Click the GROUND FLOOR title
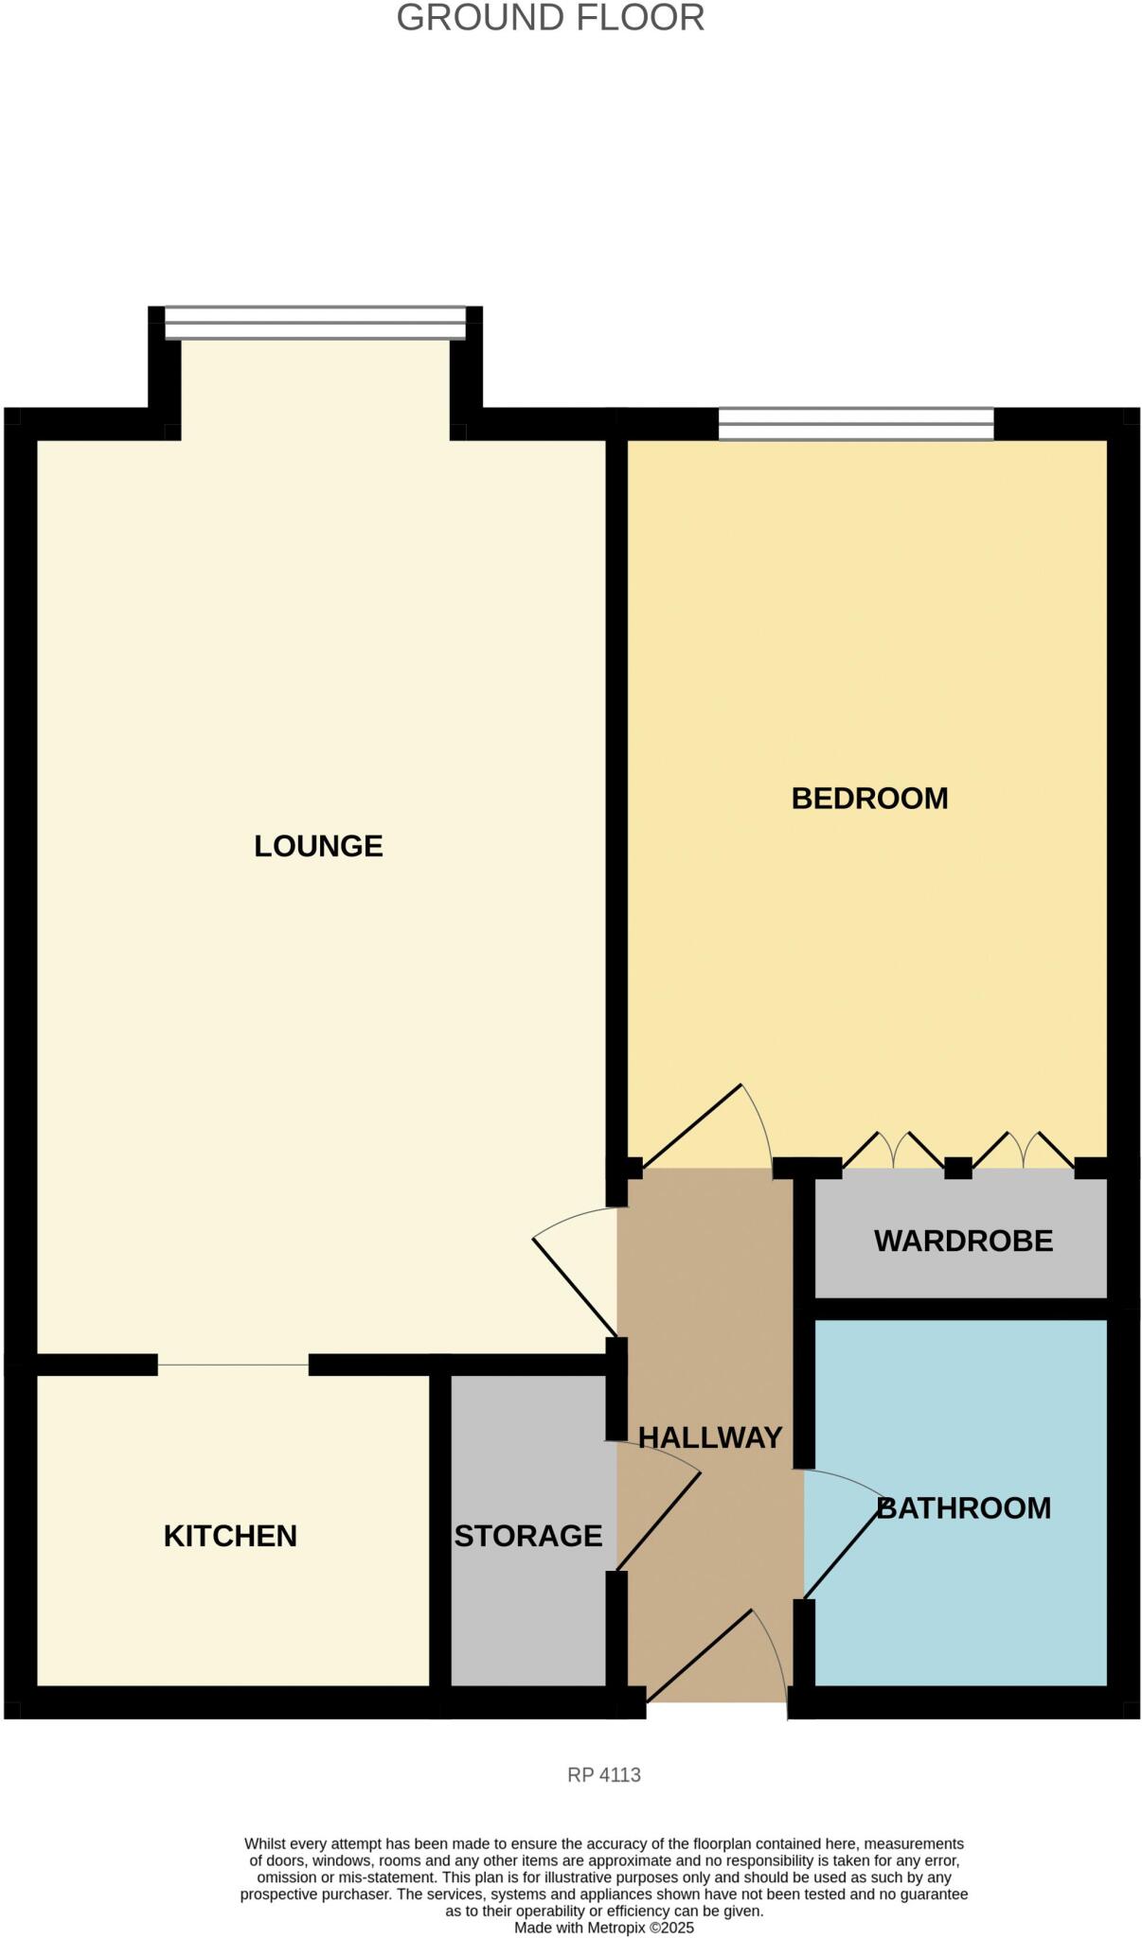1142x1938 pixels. [550, 18]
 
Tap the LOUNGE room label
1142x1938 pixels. [318, 845]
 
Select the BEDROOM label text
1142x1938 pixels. [869, 798]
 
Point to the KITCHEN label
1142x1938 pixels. [230, 1535]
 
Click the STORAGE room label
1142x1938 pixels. [527, 1535]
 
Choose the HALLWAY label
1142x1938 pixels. [710, 1437]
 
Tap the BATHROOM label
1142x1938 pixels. [964, 1507]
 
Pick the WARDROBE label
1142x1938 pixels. [963, 1241]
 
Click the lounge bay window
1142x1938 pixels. [315, 323]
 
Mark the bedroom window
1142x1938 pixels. [856, 424]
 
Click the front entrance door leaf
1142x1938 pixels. [699, 1656]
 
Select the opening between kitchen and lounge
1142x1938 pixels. [233, 1365]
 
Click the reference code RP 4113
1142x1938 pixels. [604, 1774]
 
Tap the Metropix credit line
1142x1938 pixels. [604, 1928]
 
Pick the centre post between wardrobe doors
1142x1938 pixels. [958, 1168]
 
